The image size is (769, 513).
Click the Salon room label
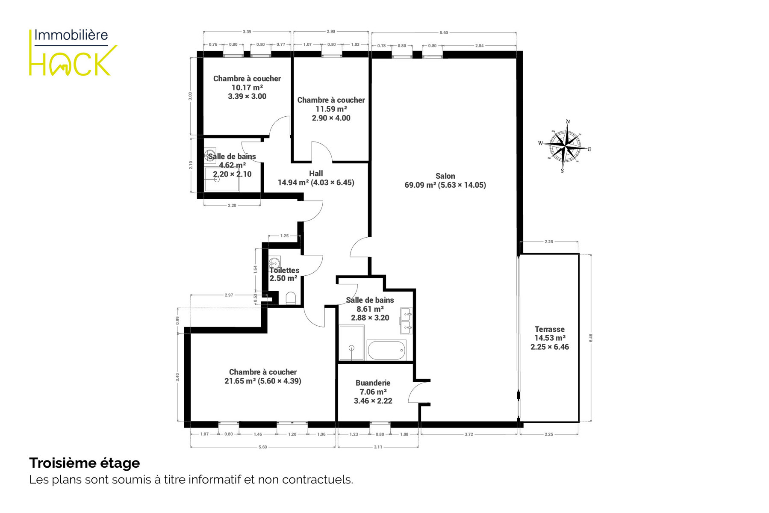pos(445,176)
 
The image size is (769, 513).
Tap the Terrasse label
pos(550,329)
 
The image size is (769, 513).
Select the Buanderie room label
pos(373,383)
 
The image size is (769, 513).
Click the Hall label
pos(316,174)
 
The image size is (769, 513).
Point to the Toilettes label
pos(284,270)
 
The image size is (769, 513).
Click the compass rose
pos(565,146)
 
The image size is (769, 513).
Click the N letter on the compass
pos(568,122)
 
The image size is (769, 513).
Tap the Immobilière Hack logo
pos(73,52)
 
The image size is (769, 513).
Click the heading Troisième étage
pos(85,463)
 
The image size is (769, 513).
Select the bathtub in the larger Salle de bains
pos(387,350)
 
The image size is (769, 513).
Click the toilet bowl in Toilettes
pos(290,298)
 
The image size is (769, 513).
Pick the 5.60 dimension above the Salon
pos(444,33)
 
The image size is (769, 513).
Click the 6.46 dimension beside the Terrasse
pos(591,338)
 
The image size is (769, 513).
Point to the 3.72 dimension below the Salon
pos(469,434)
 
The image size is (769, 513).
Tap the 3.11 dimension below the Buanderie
pos(378,447)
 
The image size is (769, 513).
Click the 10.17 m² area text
pos(247,88)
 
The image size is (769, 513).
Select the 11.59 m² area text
pos(331,109)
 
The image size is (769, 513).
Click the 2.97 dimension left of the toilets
pos(229,295)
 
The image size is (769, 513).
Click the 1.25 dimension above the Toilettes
pos(284,236)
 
